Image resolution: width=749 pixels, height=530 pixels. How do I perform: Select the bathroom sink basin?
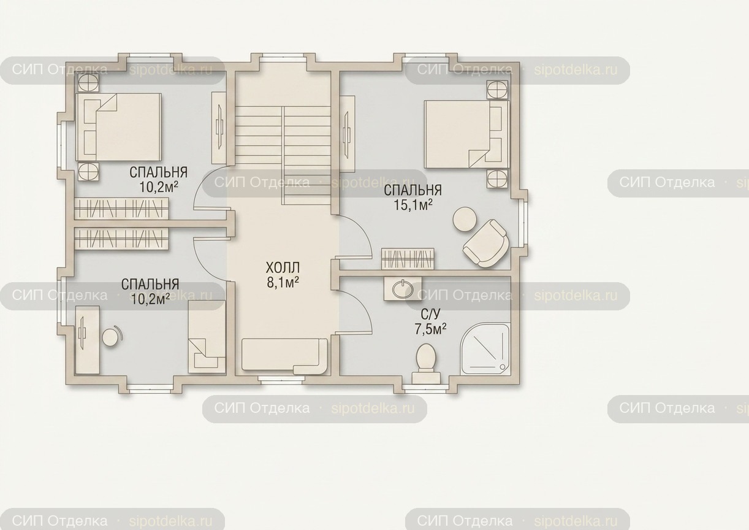point(402,288)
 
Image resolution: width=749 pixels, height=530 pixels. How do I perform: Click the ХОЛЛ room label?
point(283,268)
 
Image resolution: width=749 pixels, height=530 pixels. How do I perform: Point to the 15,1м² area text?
point(413,205)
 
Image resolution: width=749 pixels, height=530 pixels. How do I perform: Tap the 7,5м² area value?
point(431,329)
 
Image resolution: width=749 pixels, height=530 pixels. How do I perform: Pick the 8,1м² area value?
point(283,283)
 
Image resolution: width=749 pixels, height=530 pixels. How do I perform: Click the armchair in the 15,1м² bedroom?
point(486,244)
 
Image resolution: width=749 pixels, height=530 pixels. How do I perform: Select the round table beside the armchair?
point(465,219)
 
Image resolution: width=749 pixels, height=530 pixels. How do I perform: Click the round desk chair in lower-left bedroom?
point(112,337)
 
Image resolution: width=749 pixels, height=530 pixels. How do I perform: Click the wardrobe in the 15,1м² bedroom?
point(408,259)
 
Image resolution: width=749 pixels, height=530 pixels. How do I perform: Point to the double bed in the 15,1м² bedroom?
point(466,134)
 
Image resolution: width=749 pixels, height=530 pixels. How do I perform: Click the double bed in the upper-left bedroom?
point(118,128)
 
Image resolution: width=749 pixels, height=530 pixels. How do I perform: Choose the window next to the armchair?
point(523,223)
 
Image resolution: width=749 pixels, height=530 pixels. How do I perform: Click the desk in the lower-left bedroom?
point(87,340)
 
